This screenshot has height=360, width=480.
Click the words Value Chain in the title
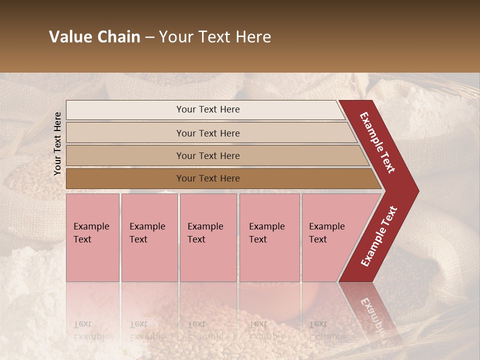tap(94, 37)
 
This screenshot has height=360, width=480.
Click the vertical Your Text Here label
tap(57, 143)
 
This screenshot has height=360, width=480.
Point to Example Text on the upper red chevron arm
tap(378, 142)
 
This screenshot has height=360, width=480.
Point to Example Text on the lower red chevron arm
tap(379, 236)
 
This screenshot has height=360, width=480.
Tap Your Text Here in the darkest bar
tap(208, 178)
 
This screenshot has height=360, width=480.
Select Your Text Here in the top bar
tap(208, 109)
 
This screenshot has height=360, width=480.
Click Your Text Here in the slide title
tap(215, 37)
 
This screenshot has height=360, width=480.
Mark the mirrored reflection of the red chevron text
tap(372, 315)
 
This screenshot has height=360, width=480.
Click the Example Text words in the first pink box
tap(91, 233)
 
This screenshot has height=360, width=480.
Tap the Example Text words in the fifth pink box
tap(326, 233)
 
